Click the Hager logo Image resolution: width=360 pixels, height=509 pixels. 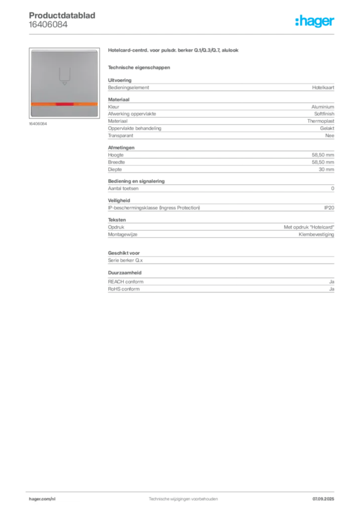(315, 21)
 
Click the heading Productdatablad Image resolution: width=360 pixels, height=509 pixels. (62, 15)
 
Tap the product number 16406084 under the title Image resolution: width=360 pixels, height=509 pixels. (48, 24)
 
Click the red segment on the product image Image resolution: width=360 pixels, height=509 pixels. (64, 104)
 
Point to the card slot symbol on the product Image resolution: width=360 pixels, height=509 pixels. (65, 76)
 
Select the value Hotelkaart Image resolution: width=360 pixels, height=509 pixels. (323, 87)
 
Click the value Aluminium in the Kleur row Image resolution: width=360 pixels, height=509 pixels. (323, 107)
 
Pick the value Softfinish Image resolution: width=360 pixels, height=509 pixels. (324, 114)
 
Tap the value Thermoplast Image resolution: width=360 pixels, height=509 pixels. (321, 121)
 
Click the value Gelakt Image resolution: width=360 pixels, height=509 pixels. (327, 128)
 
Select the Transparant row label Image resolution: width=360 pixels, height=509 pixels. (120, 136)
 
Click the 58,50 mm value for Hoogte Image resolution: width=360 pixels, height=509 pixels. (323, 155)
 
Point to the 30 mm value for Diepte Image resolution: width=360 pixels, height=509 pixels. (326, 170)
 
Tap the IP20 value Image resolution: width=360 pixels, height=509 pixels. (329, 208)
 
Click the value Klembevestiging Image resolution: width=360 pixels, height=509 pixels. (316, 235)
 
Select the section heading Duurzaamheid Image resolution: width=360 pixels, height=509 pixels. (125, 273)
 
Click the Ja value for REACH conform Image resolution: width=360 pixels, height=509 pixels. (332, 282)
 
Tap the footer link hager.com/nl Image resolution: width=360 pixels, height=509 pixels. (42, 499)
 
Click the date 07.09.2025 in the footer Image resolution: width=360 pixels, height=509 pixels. (323, 499)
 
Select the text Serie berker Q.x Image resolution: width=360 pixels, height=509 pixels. (125, 260)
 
